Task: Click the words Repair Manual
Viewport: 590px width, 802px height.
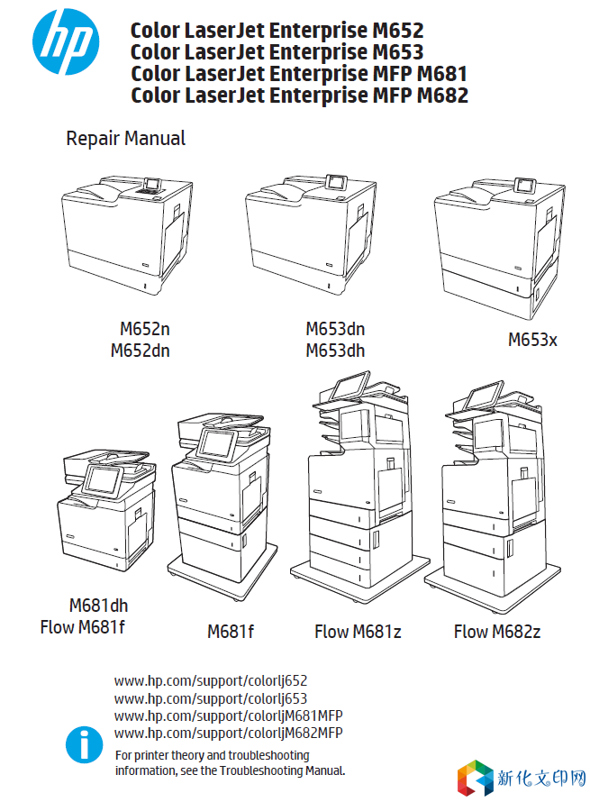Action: click(126, 139)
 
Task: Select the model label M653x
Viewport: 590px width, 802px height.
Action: click(532, 340)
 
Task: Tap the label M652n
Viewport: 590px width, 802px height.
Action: click(145, 330)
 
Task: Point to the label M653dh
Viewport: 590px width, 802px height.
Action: click(335, 351)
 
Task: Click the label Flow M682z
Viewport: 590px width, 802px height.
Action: click(497, 632)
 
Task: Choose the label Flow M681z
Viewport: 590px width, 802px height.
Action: click(358, 632)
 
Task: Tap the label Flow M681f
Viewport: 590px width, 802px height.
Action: click(83, 626)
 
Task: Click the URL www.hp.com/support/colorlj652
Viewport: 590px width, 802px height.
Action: click(211, 681)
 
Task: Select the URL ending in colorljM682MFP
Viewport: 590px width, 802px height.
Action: click(229, 733)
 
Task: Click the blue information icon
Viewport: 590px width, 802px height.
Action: click(85, 746)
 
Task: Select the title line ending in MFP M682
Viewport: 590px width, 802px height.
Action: click(299, 96)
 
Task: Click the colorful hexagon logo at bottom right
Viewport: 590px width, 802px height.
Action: click(476, 778)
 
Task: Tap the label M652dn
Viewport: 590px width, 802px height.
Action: click(140, 351)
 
